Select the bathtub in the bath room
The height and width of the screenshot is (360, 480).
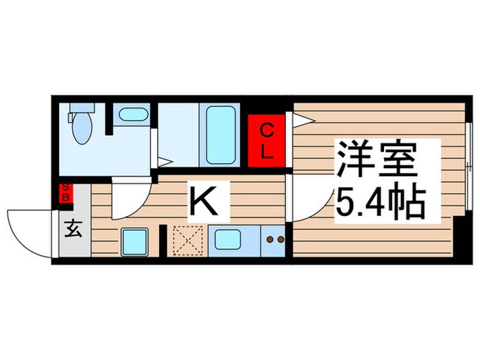pos(220,135)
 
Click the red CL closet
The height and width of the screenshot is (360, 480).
pos(267,141)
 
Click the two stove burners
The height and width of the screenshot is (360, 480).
pos(274,240)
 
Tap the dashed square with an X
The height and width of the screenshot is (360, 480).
pos(186,241)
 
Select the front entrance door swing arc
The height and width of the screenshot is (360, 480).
pos(29,233)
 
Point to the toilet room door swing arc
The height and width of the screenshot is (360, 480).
pos(131,199)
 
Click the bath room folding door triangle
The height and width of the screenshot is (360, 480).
pos(165,162)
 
